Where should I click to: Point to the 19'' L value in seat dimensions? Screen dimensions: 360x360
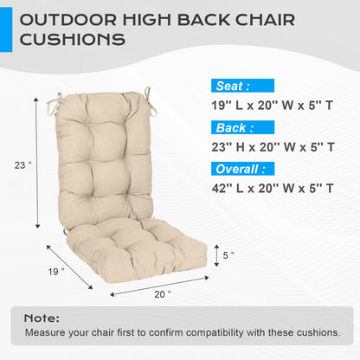[x=227, y=106]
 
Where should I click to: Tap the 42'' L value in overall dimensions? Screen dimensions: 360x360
[x=228, y=187]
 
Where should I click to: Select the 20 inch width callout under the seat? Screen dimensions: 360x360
[x=162, y=294]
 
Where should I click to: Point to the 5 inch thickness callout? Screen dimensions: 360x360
[x=228, y=255]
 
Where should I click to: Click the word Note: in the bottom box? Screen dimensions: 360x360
[x=42, y=318]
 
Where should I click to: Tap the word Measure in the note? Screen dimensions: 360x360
[x=45, y=332]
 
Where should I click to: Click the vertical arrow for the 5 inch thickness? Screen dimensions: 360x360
[x=215, y=255]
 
